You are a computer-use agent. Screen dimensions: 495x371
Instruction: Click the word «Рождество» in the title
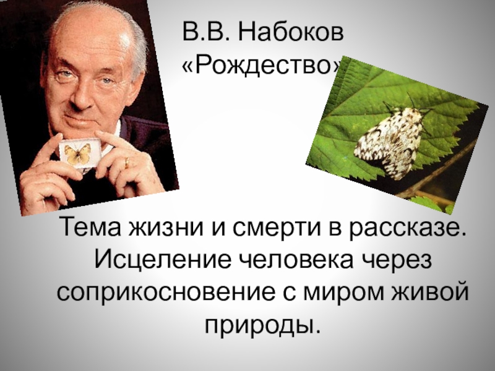click(x=262, y=66)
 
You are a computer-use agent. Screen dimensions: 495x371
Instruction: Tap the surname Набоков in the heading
click(x=291, y=32)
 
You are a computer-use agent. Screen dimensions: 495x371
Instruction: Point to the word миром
click(x=344, y=293)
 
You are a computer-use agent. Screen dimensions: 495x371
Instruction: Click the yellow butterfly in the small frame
click(x=77, y=153)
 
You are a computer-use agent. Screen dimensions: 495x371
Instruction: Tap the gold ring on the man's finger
click(x=127, y=163)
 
